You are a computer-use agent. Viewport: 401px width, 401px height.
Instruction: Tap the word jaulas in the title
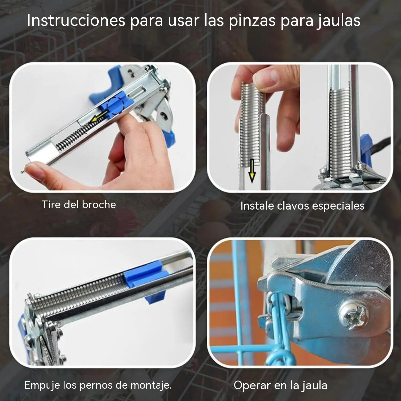pos(339,21)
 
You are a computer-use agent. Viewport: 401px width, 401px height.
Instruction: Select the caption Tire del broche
pos(79,205)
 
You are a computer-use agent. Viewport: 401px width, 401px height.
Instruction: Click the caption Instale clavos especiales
pos(302,206)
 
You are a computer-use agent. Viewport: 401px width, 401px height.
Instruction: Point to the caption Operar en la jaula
pos(280,385)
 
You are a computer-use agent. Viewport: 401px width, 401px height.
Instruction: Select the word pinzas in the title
pos(252,21)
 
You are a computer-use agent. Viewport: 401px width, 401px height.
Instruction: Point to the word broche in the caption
pos(99,205)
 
